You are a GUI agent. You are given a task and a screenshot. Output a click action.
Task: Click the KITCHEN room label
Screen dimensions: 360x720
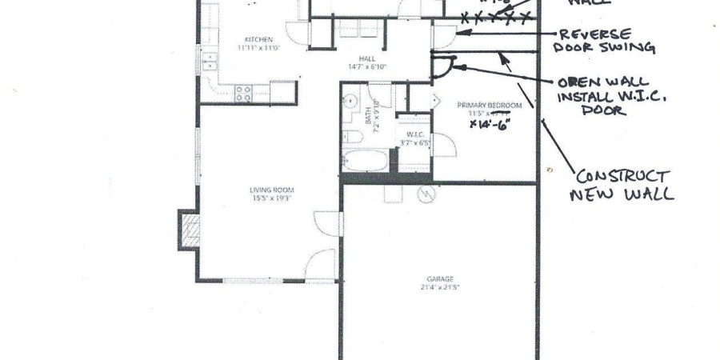coord(259,39)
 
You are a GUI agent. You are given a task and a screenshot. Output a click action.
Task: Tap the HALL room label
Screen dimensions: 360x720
coord(367,58)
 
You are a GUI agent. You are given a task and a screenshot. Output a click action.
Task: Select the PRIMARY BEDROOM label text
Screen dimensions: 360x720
coord(489,106)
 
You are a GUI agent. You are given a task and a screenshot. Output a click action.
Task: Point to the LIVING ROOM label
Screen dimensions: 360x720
coord(268,190)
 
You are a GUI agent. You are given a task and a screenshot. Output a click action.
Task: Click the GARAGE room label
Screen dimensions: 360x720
coord(439,279)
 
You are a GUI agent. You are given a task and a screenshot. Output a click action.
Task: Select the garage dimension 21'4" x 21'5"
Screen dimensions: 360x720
coord(439,287)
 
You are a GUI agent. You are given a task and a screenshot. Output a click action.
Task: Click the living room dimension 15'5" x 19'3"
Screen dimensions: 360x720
coord(268,198)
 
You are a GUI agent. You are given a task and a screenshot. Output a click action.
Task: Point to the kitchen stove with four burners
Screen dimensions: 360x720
coord(243,91)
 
